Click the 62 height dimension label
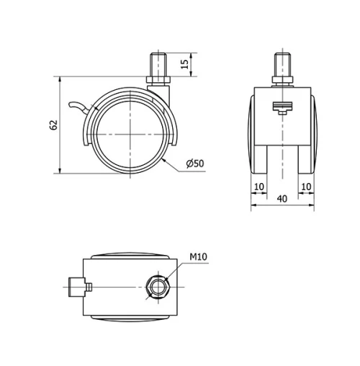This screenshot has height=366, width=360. click(x=53, y=124)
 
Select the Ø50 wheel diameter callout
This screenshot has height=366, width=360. click(x=195, y=164)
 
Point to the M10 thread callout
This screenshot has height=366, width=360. click(x=198, y=257)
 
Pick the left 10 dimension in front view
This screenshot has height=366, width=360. click(x=259, y=187)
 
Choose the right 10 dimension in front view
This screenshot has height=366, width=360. click(x=307, y=187)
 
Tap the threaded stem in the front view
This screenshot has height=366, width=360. click(x=283, y=60)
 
